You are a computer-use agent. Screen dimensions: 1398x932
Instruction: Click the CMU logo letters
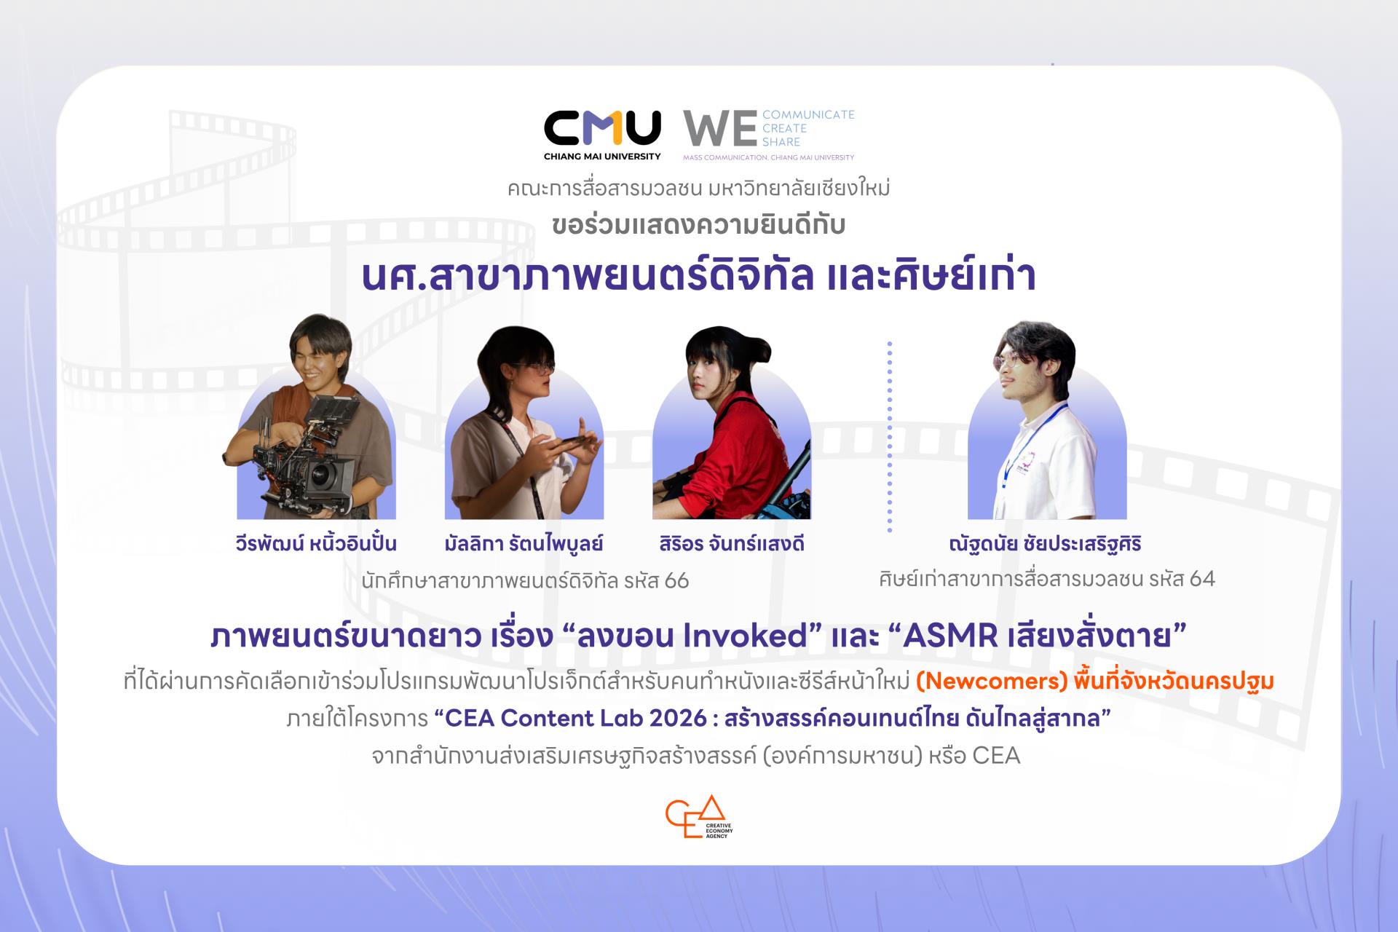coord(602,128)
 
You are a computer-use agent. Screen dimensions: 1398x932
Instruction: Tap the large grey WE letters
coord(719,130)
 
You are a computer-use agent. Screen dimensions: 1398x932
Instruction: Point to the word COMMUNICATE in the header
coord(808,114)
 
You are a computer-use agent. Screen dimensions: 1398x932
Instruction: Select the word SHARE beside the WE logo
coord(781,142)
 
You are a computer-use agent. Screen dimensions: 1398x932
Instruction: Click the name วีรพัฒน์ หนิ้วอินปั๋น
coord(316,543)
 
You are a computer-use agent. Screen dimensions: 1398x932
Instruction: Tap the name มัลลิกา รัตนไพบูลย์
coord(524,544)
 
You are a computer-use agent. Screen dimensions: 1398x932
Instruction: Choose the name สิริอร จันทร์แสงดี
coord(731,544)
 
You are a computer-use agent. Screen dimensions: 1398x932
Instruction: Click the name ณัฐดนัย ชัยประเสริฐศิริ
coord(1045,544)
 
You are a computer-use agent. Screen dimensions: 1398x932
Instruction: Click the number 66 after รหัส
coord(676,581)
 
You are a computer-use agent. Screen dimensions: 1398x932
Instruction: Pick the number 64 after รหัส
coord(1202,579)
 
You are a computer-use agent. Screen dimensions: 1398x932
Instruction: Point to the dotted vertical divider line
coord(889,437)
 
